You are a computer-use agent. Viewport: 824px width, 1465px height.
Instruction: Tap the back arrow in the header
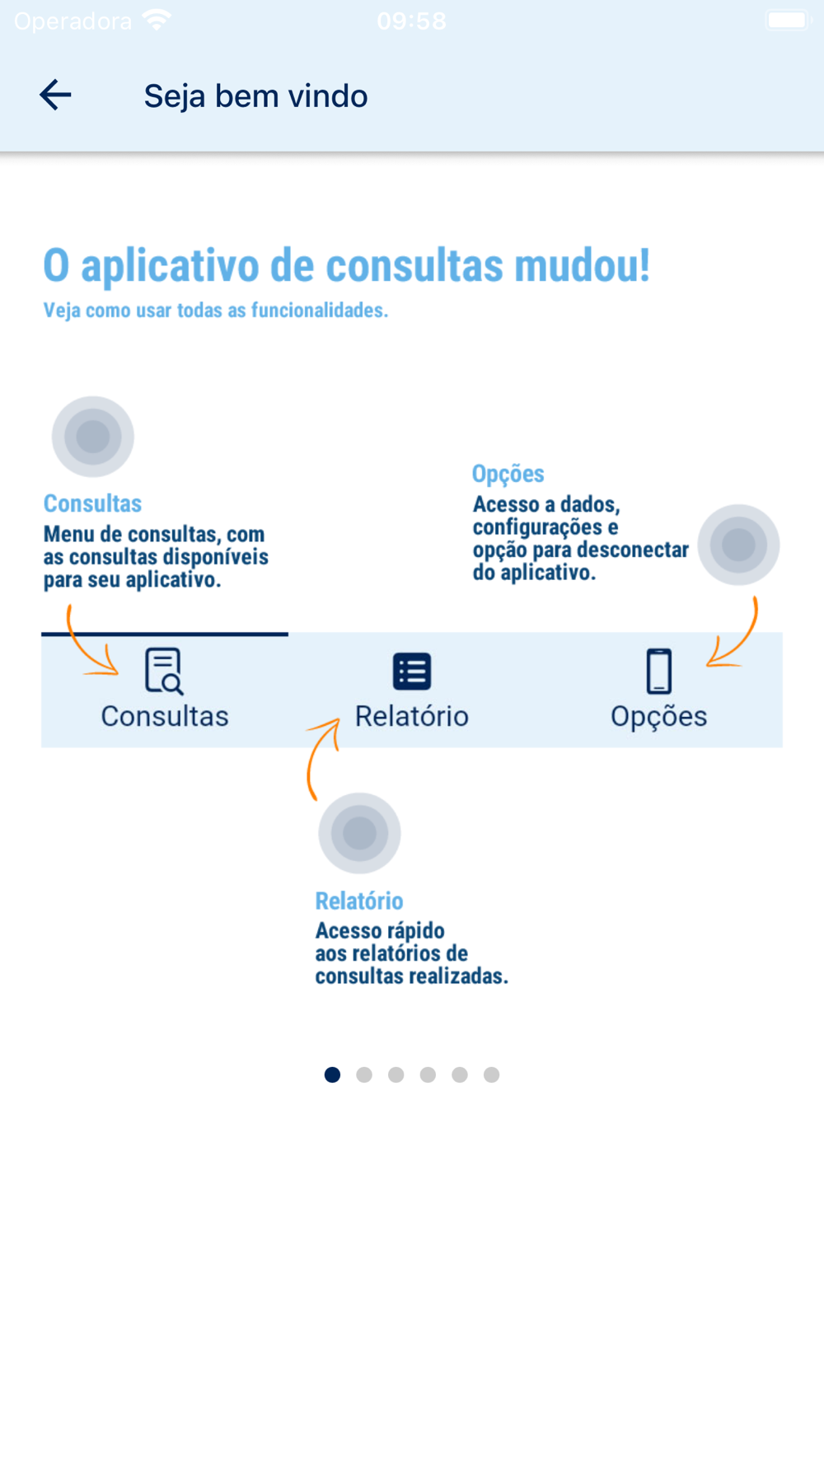pos(55,95)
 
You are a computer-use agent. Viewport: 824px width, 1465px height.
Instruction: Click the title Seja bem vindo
pos(255,96)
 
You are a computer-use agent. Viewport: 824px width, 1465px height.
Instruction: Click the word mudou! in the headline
pos(582,266)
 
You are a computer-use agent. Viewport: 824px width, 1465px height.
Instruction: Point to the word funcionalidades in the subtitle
pos(318,311)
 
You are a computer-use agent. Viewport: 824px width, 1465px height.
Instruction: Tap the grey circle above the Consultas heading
pos(93,437)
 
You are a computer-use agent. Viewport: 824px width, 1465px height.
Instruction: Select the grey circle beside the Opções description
pos(738,545)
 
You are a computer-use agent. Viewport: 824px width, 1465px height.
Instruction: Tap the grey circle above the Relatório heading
pos(359,833)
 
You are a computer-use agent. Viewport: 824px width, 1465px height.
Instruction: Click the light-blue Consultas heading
pos(92,503)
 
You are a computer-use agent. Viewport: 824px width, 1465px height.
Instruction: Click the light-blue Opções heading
pos(508,474)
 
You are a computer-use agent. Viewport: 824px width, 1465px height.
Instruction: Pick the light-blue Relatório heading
pos(359,901)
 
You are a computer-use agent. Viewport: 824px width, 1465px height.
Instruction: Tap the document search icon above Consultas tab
pos(164,671)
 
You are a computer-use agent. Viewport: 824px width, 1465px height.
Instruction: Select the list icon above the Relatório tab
pos(412,671)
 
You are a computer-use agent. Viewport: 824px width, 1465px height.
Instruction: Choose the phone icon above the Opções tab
pos(658,671)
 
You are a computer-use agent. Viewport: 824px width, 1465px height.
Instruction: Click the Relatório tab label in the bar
pos(412,716)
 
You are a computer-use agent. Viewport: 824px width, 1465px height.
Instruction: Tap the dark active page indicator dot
pos(332,1074)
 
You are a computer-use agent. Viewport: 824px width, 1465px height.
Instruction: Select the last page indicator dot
pos(492,1074)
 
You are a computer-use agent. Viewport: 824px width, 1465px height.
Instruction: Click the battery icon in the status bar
pos(788,21)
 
